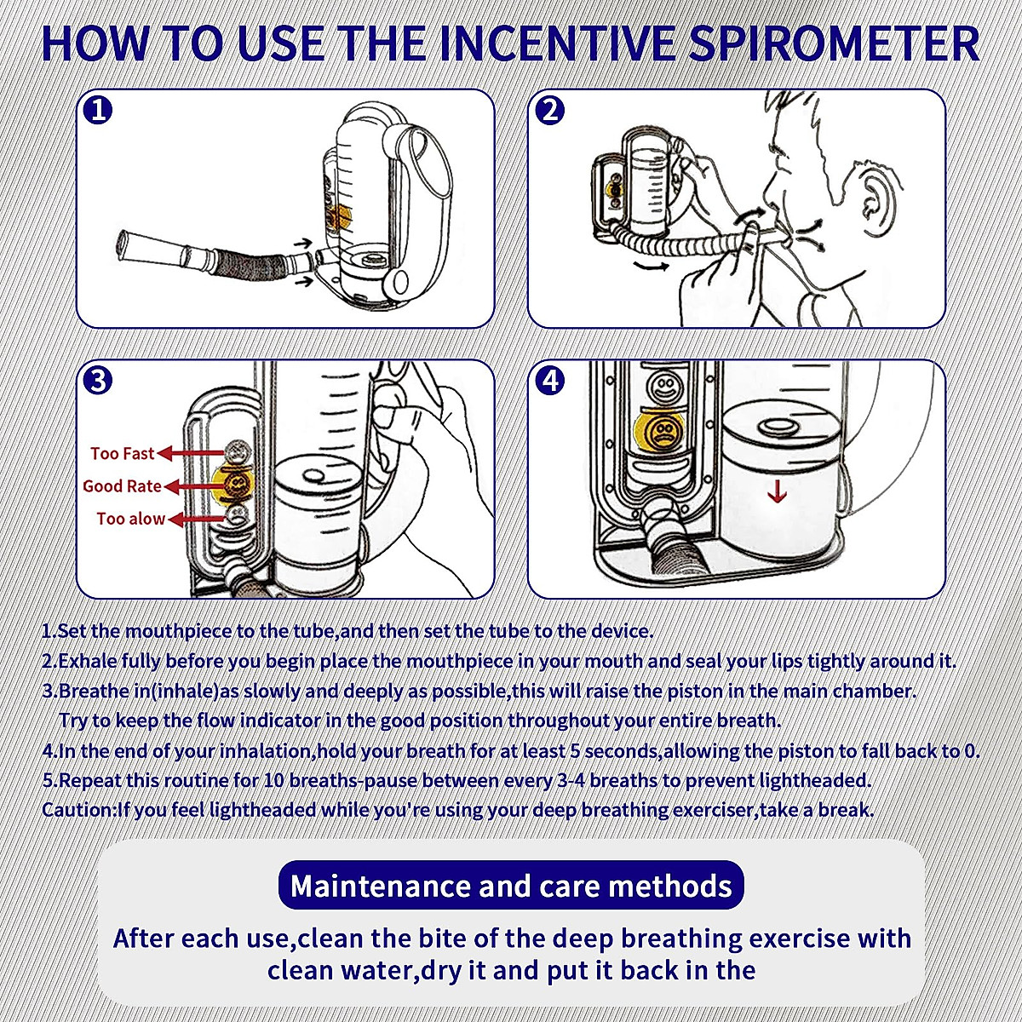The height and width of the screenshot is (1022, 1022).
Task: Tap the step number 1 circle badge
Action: pyautogui.click(x=99, y=110)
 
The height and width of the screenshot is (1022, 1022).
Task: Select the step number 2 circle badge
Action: pyautogui.click(x=550, y=110)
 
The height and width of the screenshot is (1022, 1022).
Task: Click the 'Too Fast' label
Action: pyautogui.click(x=123, y=453)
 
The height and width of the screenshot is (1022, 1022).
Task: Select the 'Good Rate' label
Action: pyautogui.click(x=122, y=485)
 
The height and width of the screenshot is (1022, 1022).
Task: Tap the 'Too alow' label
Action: pyautogui.click(x=130, y=518)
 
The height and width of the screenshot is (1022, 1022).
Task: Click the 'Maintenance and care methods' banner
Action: pyautogui.click(x=511, y=885)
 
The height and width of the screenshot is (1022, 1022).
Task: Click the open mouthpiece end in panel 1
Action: pyautogui.click(x=126, y=244)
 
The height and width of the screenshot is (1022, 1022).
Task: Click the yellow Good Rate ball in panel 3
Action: pyautogui.click(x=234, y=483)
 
